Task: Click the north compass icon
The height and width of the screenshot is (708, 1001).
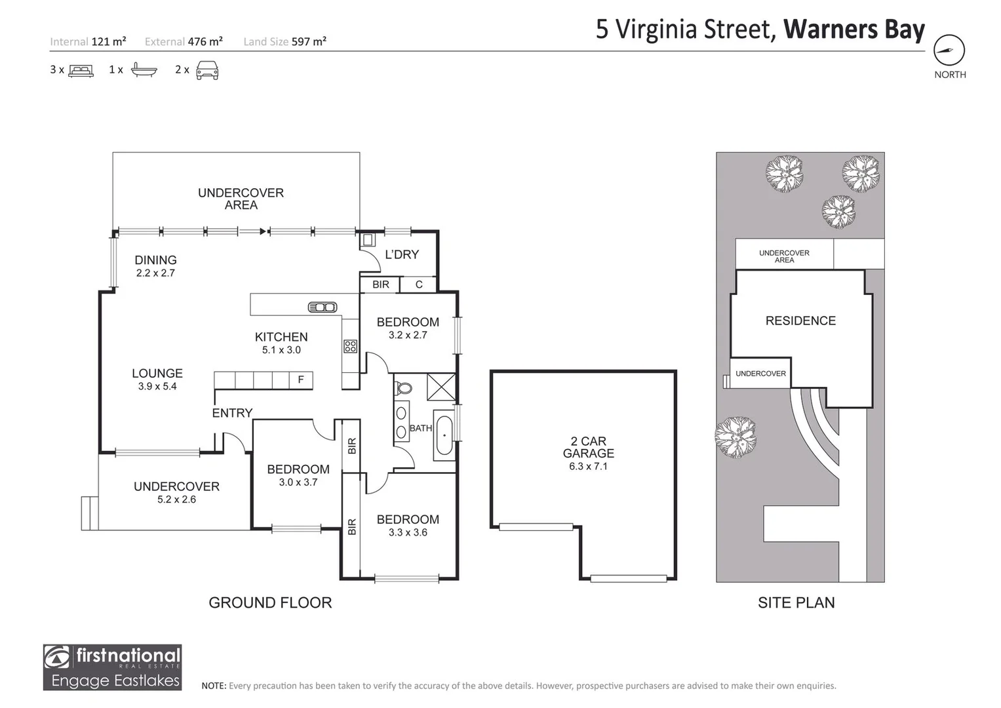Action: coord(949,50)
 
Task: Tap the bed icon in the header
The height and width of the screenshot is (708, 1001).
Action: coord(81,70)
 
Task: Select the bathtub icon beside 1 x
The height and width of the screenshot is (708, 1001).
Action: coord(144,69)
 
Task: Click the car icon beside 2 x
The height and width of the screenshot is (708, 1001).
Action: coord(207,69)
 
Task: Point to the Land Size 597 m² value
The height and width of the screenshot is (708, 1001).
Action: coord(309,41)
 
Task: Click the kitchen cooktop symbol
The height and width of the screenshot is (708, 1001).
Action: coord(350,346)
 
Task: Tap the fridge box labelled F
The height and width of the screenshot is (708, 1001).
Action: coord(301,380)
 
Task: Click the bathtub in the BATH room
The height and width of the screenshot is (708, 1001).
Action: coord(444,435)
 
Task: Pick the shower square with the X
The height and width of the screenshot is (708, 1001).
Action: coord(441,387)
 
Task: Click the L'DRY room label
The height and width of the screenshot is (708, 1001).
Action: coord(401,254)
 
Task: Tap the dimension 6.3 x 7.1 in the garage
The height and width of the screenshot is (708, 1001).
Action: coord(588,467)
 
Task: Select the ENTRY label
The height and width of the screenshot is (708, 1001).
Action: coord(232,413)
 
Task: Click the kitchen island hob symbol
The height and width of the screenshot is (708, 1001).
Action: coord(322,307)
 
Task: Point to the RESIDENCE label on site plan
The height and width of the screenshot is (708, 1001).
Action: coord(800,321)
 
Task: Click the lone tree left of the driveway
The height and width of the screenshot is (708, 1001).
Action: coord(735,436)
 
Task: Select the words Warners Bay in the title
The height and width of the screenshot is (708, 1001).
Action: coord(854,29)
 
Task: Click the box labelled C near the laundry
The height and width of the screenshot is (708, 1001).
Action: coord(419,285)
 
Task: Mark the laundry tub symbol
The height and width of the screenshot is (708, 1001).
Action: coord(368,240)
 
